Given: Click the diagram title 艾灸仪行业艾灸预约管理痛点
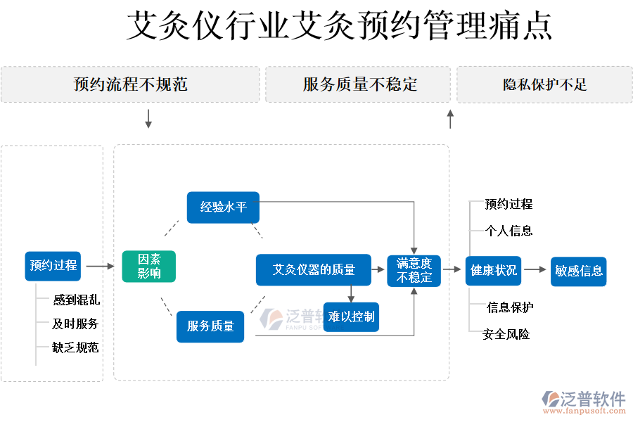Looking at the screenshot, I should (339, 27).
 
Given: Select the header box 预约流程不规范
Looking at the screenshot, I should (130, 85).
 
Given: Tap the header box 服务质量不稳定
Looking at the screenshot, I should (358, 85).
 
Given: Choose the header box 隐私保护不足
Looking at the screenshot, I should (544, 85).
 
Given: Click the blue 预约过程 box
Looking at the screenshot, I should (53, 266).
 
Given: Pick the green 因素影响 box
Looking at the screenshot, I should (148, 267).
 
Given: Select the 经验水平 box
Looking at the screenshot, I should (223, 207).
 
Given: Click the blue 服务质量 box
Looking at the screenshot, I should (210, 326).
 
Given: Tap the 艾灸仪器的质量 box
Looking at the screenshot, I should (313, 269).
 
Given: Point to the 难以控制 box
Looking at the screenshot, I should (351, 316).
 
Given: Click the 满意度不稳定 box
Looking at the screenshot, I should (414, 271).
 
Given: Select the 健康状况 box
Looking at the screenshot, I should (493, 271).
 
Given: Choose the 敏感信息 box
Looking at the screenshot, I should (578, 271).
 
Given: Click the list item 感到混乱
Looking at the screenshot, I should (76, 300).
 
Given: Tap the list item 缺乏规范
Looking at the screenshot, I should (75, 347).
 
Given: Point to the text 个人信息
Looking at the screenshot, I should (509, 231).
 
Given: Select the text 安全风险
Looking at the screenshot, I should (506, 334).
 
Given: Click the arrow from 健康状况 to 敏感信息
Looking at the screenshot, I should (535, 270).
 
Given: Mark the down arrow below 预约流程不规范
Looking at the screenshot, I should (148, 119).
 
